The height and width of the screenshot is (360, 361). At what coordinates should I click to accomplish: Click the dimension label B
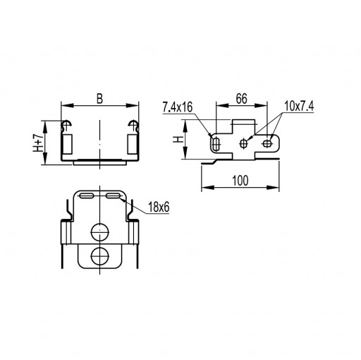[100, 99]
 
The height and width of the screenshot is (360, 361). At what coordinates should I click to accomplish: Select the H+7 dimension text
[38, 143]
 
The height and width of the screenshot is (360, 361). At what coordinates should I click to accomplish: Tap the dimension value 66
[242, 99]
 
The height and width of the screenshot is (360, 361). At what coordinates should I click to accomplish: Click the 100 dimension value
[240, 181]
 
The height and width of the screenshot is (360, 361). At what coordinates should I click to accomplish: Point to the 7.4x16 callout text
[178, 107]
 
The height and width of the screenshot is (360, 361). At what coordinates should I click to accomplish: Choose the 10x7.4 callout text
[299, 106]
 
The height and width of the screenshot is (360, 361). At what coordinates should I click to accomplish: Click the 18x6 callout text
[159, 208]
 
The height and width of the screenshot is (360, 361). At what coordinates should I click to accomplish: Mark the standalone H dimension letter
[178, 139]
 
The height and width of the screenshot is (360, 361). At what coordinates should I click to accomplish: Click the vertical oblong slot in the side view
[216, 143]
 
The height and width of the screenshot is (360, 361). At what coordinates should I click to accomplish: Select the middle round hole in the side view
[243, 143]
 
